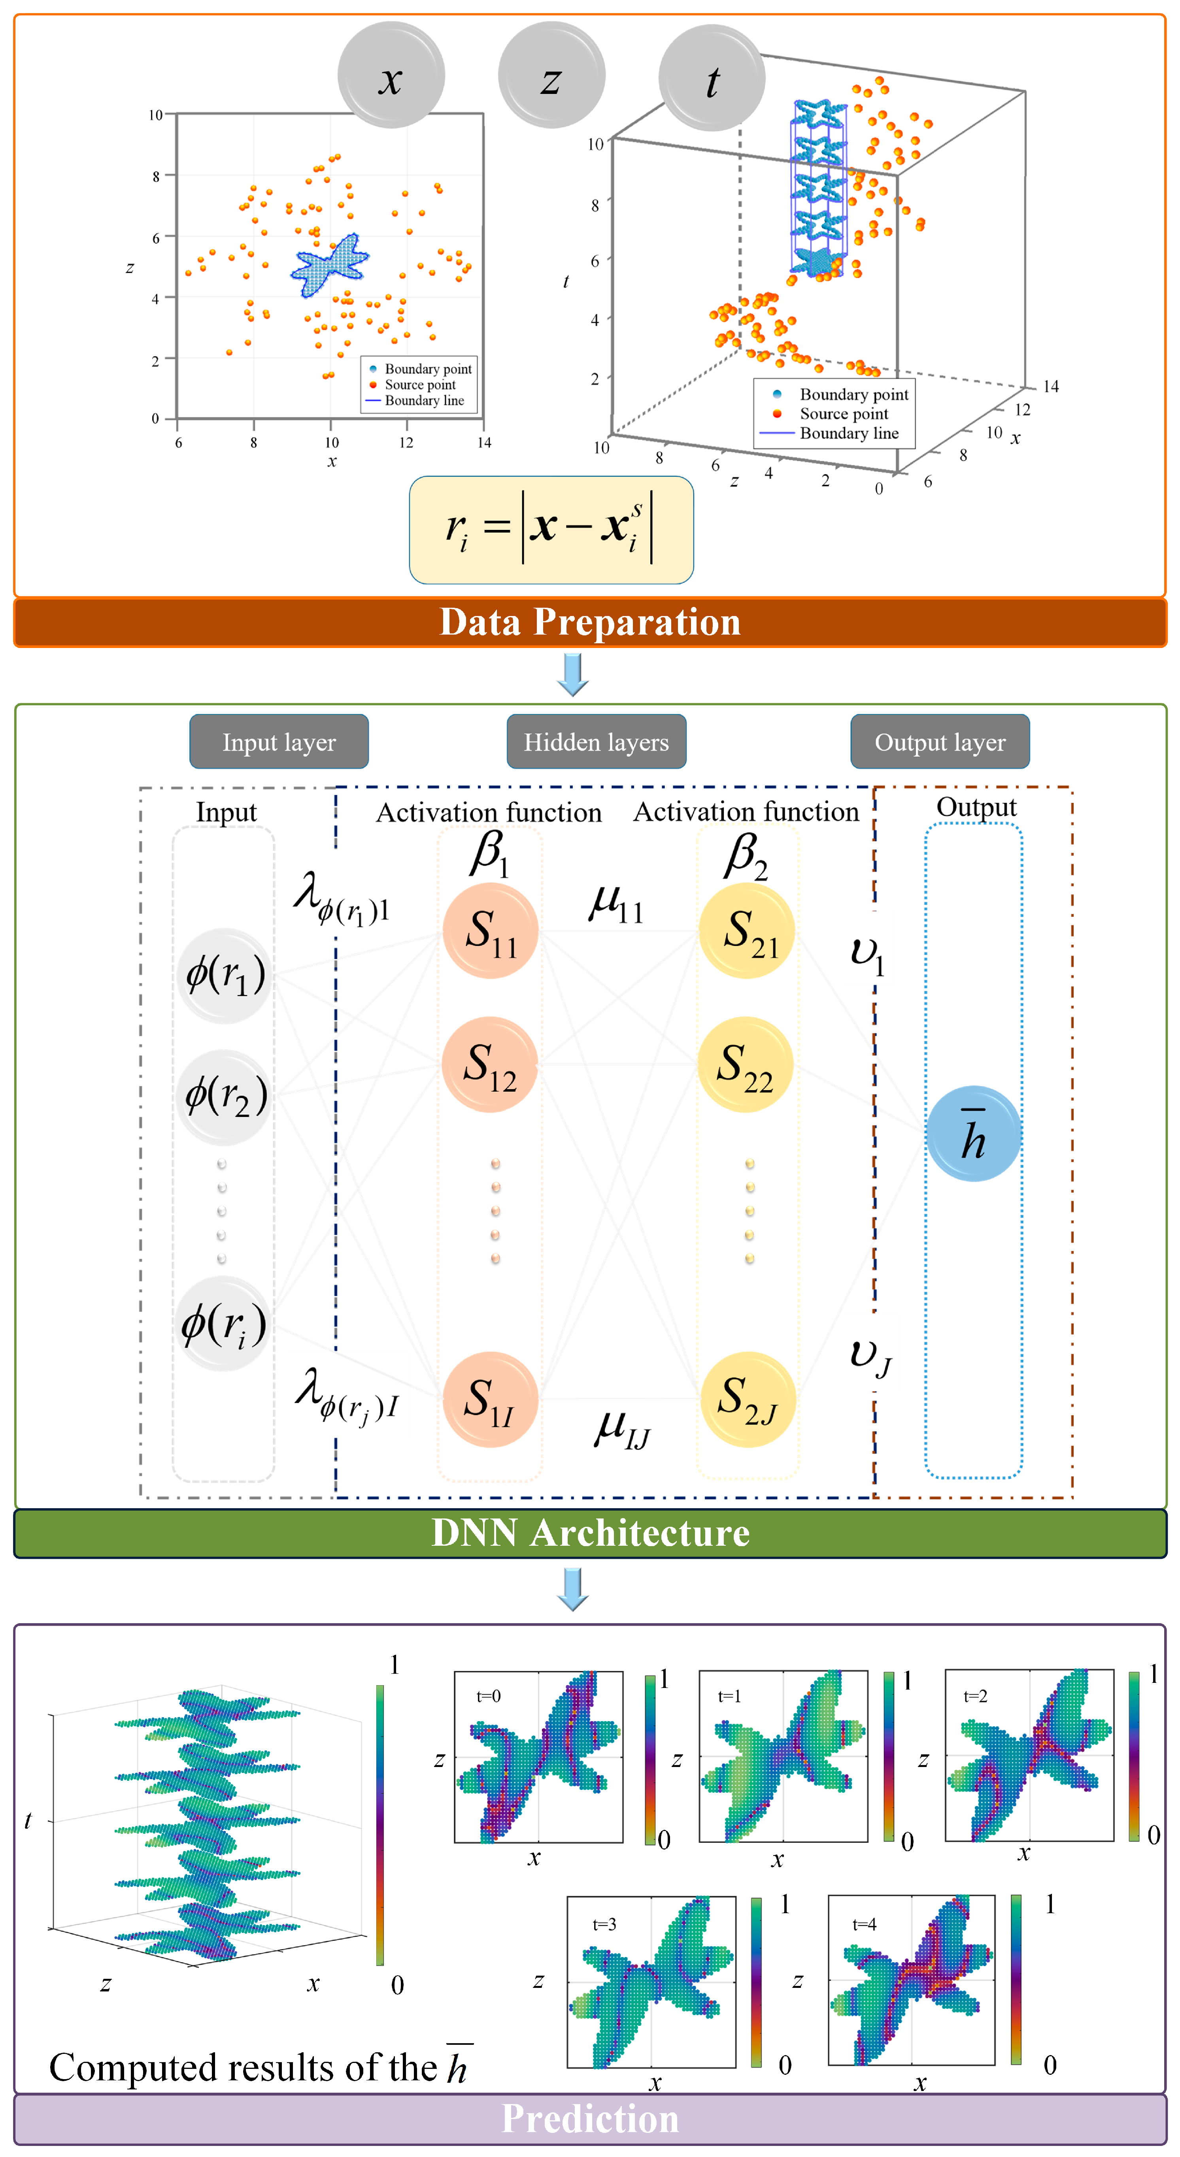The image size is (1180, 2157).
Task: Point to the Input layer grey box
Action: [x=279, y=742]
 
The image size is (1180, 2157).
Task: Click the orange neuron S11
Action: [x=490, y=930]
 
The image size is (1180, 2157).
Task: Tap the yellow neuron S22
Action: [x=745, y=1064]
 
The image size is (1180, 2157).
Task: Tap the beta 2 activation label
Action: [x=745, y=856]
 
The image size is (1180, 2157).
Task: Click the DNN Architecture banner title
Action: [x=589, y=1533]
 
